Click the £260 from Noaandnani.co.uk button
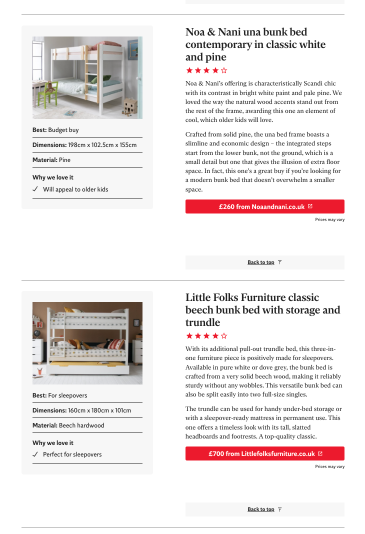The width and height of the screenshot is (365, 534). [x=264, y=206]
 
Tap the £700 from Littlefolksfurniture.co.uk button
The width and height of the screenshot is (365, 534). [x=264, y=453]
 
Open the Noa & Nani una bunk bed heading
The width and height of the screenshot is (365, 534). [x=255, y=44]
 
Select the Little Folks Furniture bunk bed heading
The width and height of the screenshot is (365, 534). [x=262, y=310]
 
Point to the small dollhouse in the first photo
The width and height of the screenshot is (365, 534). [x=130, y=105]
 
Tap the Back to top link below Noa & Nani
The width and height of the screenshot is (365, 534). [x=261, y=262]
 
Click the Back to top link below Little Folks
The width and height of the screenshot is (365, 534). [x=261, y=509]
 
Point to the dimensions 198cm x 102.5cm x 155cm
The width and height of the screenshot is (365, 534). [x=102, y=145]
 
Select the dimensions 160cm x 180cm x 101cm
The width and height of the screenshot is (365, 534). [x=99, y=410]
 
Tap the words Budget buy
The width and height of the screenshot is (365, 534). [x=63, y=130]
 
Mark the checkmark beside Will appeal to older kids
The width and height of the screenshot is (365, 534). [x=35, y=189]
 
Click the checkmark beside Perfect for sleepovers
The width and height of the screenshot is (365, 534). [x=35, y=454]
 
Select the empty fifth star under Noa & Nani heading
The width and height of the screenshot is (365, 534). [x=224, y=70]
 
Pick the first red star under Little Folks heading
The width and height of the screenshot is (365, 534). [x=189, y=336]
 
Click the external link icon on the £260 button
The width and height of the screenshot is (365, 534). [x=310, y=206]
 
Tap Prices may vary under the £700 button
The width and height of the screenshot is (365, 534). [x=329, y=467]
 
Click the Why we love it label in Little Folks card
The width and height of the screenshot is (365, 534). [x=53, y=443]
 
